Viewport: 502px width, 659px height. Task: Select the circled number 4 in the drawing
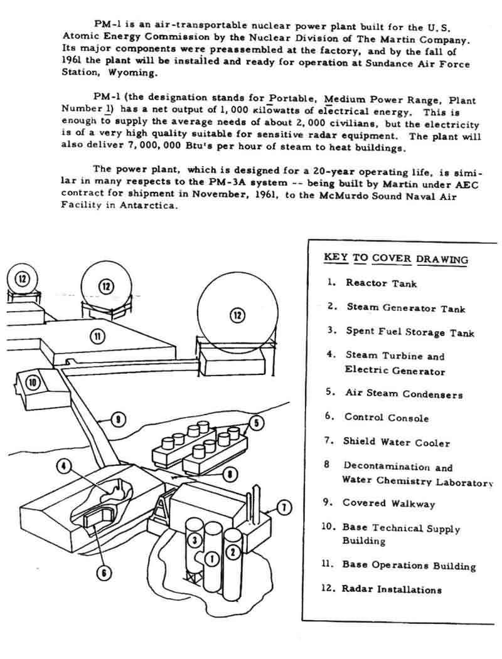63,466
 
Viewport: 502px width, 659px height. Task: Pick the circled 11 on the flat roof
98,337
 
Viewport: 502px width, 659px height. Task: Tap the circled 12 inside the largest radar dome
237,315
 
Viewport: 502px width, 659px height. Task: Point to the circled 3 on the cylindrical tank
195,540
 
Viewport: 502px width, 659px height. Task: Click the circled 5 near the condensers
255,422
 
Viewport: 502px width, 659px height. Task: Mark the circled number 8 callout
230,474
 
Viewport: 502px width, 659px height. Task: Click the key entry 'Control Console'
386,418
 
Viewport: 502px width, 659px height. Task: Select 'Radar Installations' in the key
392,589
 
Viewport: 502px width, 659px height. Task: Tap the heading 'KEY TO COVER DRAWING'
395,258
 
